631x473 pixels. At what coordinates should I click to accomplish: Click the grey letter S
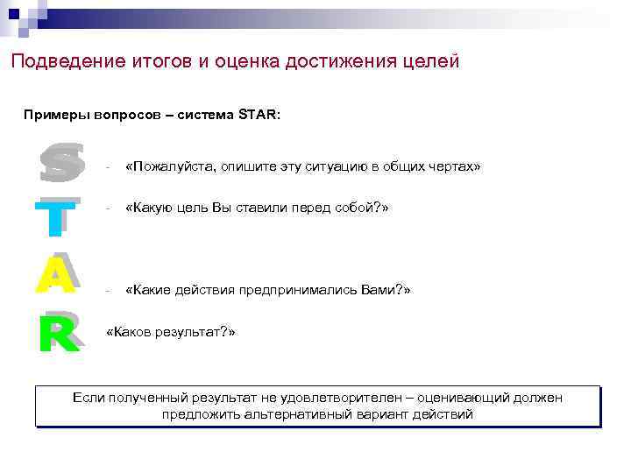(x=61, y=164)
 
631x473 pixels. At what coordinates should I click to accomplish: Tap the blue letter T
(x=55, y=219)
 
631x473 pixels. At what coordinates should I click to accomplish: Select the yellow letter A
(x=56, y=275)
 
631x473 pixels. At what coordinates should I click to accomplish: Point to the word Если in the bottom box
(x=89, y=398)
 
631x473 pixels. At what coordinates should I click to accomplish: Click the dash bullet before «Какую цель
(x=106, y=209)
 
